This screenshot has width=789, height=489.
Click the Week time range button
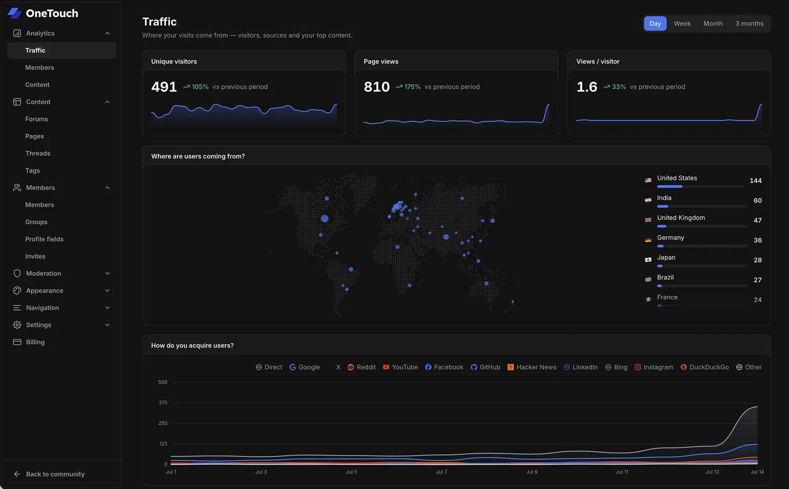coord(682,23)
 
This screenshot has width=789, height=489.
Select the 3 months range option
coord(749,23)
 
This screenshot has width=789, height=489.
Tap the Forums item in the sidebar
coord(37,119)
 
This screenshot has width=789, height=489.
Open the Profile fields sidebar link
coord(44,239)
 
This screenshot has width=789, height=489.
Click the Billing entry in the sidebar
coord(35,342)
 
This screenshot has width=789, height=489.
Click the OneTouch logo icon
coord(14,13)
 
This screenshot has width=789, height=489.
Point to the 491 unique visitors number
coord(164,87)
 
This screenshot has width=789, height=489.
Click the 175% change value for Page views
coord(412,87)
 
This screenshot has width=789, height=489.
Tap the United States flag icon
coord(648,180)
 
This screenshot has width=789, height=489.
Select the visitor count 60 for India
coord(757,200)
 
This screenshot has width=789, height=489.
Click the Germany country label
coord(670,238)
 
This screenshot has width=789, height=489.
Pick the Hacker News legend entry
coord(532,367)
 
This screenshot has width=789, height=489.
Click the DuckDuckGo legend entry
coord(705,367)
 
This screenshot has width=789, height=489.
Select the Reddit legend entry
coord(362,367)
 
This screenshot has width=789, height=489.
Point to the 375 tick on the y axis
coord(163,403)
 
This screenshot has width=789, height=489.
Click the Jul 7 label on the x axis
coord(441,472)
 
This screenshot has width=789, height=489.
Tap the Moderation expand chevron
coord(107,274)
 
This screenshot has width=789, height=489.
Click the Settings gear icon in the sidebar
coord(17,325)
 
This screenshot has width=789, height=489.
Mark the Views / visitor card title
coord(598,61)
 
